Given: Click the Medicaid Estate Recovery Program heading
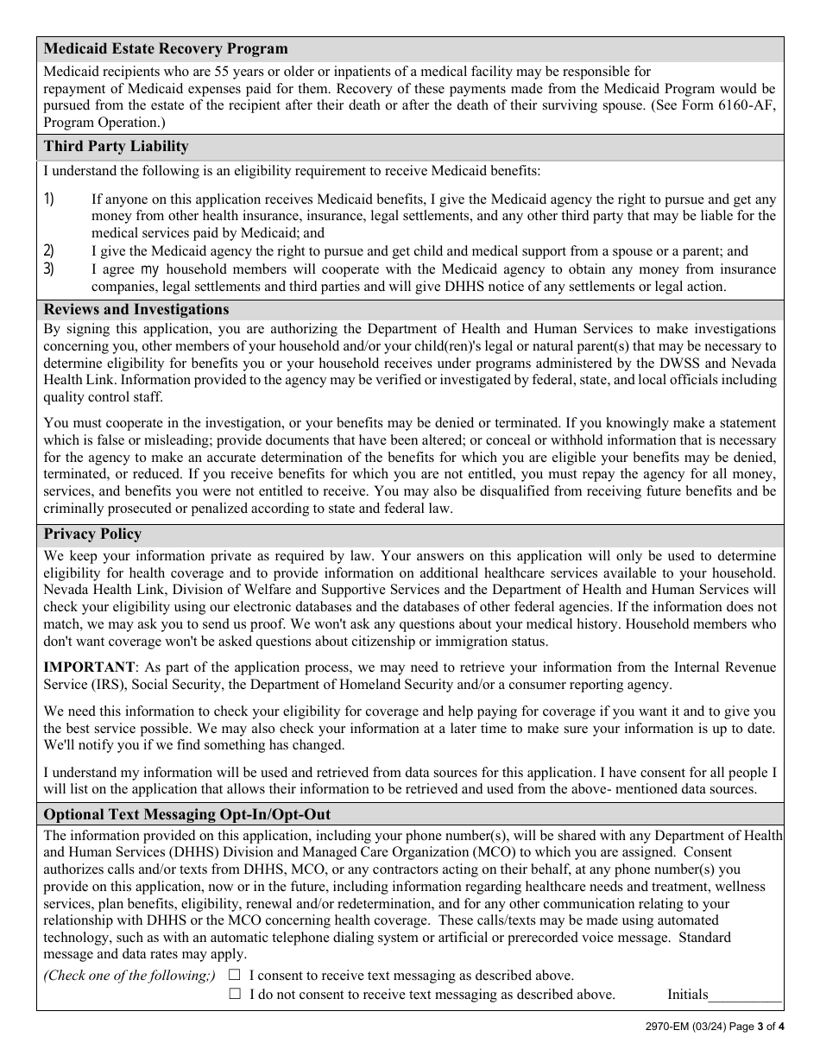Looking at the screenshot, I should pyautogui.click(x=166, y=48).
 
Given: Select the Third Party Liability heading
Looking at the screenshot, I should pyautogui.click(x=116, y=146).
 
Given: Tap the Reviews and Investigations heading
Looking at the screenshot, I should pyautogui.click(x=136, y=309).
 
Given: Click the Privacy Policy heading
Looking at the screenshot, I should pyautogui.click(x=92, y=534).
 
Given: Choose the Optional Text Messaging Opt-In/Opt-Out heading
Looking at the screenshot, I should pyautogui.click(x=186, y=814).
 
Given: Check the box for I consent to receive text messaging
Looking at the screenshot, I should pyautogui.click(x=235, y=975).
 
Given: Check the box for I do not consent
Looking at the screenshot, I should pyautogui.click(x=235, y=994).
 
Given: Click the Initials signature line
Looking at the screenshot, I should pyautogui.click(x=745, y=996).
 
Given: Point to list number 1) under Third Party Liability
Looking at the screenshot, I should pyautogui.click(x=49, y=199).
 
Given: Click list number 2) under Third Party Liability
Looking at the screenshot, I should pyautogui.click(x=49, y=250).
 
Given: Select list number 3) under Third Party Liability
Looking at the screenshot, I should pyautogui.click(x=49, y=269).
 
